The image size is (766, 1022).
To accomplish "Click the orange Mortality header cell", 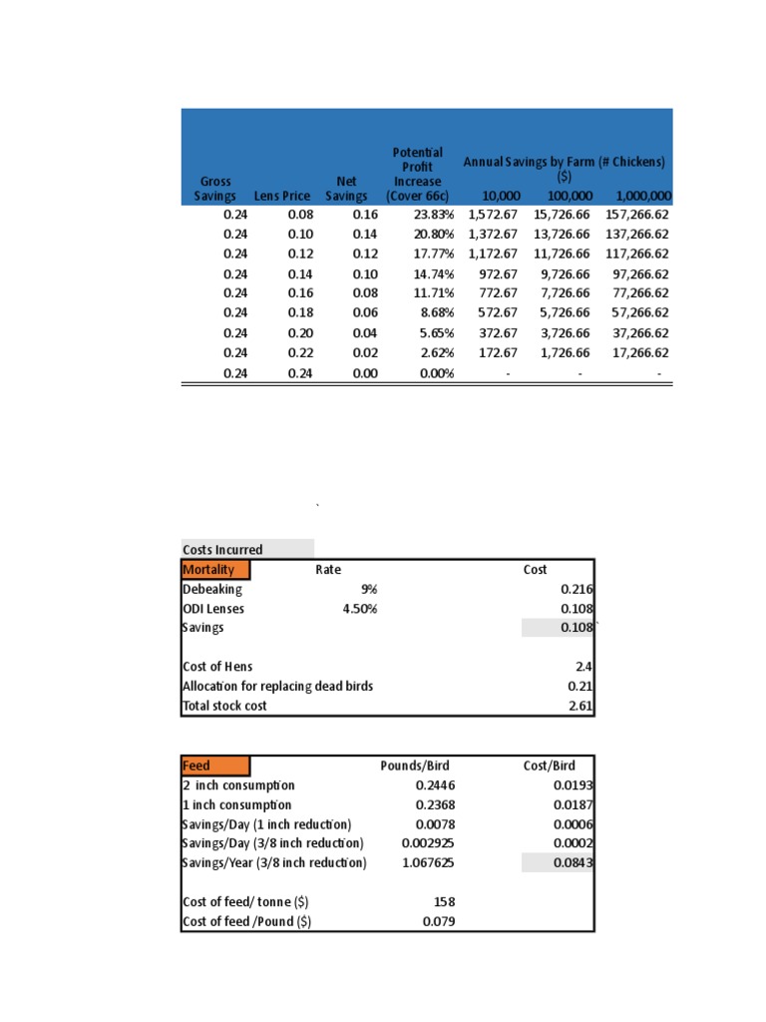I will click(215, 570).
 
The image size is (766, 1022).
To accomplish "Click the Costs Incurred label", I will click(223, 550).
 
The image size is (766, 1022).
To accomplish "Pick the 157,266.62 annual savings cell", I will click(628, 215).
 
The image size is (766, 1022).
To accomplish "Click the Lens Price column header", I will click(282, 197).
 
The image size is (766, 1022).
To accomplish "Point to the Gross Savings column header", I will click(215, 189).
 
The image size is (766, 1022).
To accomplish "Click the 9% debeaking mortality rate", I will click(369, 589).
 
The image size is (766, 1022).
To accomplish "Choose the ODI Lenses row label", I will click(213, 609).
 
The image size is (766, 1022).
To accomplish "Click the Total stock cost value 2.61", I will click(581, 706).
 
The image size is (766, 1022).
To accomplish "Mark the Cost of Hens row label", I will click(217, 667).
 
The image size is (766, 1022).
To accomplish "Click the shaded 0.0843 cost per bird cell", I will click(574, 862).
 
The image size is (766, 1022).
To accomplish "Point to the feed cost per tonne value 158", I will click(444, 901).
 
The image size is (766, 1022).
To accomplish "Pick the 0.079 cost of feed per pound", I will click(439, 921).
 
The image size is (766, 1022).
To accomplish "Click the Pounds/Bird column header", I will click(415, 766).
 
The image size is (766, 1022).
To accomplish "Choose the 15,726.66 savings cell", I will click(562, 215).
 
